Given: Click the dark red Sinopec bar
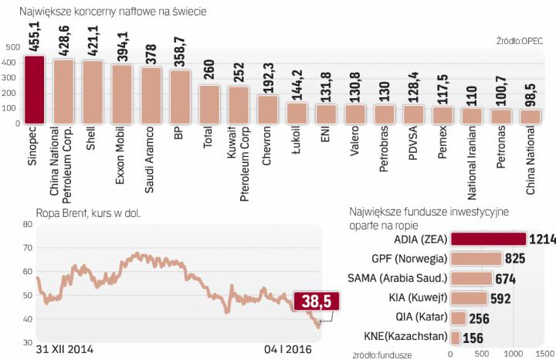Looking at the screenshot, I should [x=35, y=90].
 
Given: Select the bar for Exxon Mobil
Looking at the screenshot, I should [x=120, y=94].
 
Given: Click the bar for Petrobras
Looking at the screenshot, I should [x=384, y=114].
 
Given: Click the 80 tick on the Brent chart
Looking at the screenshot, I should [x=28, y=225].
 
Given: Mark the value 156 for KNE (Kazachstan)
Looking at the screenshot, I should [x=475, y=338].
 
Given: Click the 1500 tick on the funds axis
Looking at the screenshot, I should [x=544, y=353].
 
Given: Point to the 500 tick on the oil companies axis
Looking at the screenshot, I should [x=11, y=47].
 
